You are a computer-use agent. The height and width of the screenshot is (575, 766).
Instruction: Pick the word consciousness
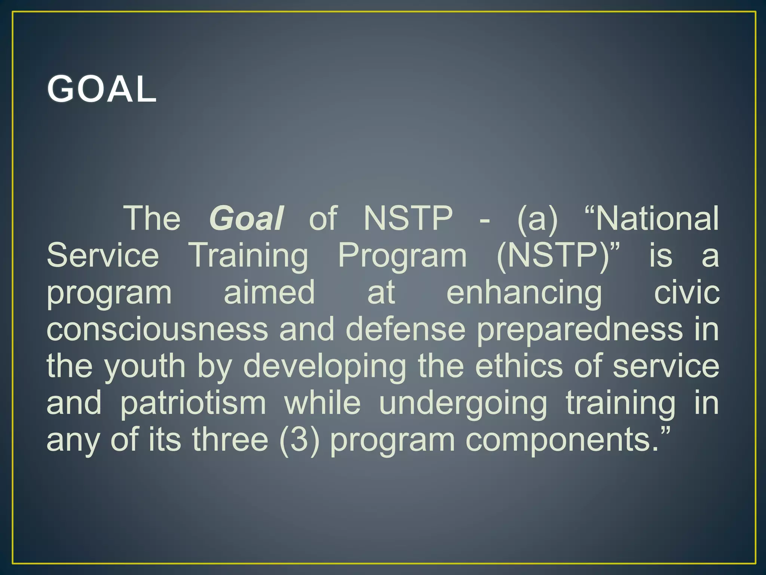[157, 329]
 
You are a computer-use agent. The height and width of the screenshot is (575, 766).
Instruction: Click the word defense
[405, 329]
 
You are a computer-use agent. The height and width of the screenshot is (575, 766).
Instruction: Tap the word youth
[145, 366]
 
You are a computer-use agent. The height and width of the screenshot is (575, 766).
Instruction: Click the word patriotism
[193, 403]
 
